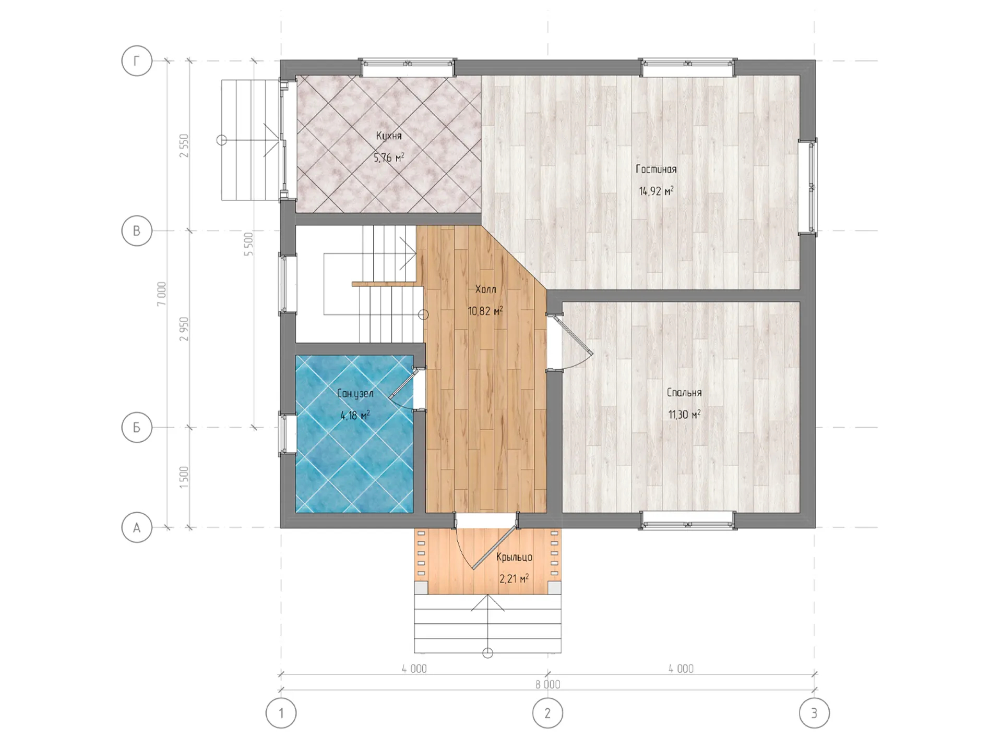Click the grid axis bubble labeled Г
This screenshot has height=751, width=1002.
[137, 61]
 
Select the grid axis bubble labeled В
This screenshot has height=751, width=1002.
[137, 231]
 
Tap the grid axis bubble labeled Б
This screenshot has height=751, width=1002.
[137, 427]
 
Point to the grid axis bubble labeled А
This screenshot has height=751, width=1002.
[137, 527]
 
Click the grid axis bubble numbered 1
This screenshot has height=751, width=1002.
[281, 713]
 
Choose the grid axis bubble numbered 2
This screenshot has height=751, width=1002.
[547, 713]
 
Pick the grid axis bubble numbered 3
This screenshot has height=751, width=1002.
[814, 713]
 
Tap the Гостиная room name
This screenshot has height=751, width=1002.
[656, 169]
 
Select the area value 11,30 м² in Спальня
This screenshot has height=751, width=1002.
[684, 415]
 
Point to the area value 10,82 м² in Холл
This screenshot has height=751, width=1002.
[485, 311]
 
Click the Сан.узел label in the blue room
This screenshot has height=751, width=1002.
[355, 393]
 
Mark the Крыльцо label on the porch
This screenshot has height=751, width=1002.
[515, 557]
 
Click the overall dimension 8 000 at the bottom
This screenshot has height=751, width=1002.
[547, 685]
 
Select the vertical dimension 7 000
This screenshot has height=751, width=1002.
[162, 294]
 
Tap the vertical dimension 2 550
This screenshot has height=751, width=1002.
[184, 146]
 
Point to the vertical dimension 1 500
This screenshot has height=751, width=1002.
[184, 477]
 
